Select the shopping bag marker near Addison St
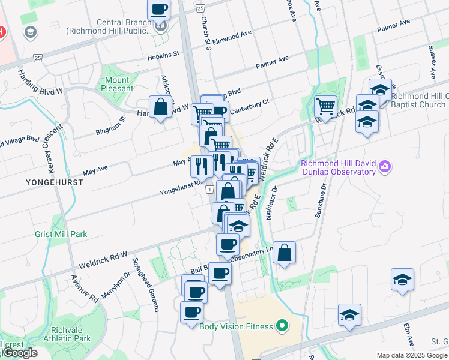(x=161, y=108)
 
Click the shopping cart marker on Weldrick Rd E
(x=325, y=107)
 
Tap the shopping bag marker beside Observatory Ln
(x=285, y=253)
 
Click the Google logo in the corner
(x=20, y=353)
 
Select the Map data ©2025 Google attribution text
(x=411, y=355)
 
